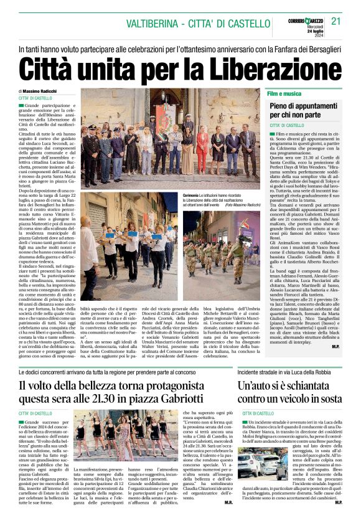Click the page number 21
pos(336,21)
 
